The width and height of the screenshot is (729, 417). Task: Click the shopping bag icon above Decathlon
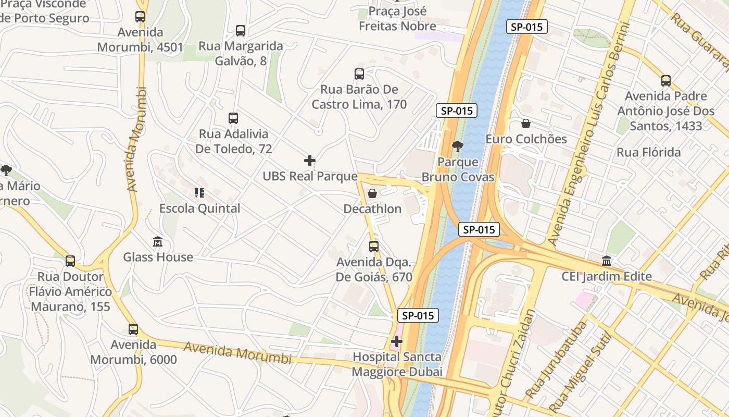point(372,194)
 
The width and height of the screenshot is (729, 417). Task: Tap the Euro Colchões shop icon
point(526,124)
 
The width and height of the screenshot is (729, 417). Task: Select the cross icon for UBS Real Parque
point(310,160)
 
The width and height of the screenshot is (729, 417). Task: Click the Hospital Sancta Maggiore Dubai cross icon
point(397,341)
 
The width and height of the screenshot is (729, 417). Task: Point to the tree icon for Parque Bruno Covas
point(458,146)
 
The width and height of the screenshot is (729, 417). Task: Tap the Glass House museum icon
point(158,242)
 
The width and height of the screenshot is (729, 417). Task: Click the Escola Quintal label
point(199,208)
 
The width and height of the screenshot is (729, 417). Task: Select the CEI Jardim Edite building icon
point(607,261)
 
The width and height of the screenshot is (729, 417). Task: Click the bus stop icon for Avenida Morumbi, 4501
point(140,17)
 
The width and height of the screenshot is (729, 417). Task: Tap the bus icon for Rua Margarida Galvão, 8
point(240,31)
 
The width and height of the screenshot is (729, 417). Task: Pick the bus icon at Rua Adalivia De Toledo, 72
point(233,118)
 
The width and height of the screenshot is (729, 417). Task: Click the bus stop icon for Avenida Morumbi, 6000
point(133,329)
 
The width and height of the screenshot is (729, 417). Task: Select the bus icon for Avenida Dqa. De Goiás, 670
point(374,247)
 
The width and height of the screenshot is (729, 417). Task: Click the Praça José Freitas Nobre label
point(397,18)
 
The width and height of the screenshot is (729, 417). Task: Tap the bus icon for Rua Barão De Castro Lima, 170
point(359,74)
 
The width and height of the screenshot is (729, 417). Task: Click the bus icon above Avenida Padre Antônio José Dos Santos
point(666,81)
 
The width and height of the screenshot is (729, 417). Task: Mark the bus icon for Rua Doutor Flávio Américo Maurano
point(70,261)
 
